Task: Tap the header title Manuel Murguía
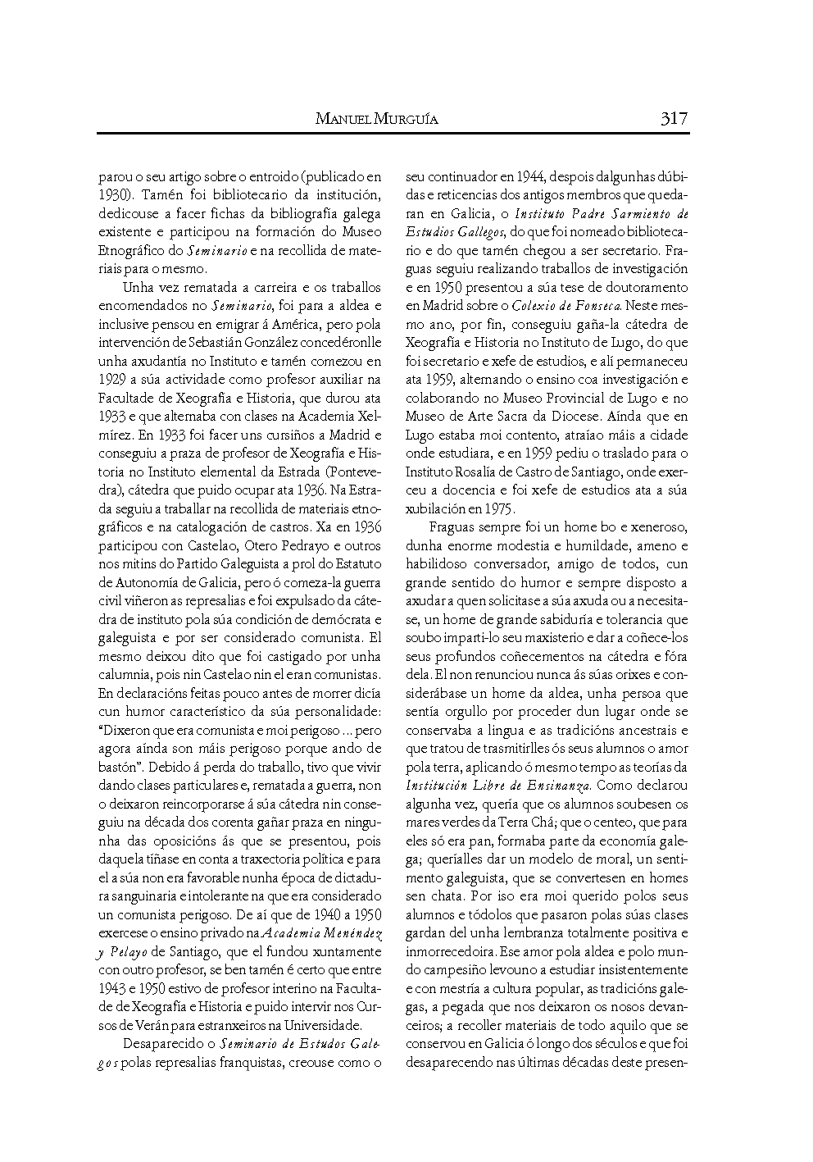(376, 120)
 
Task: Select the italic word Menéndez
(350, 933)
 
